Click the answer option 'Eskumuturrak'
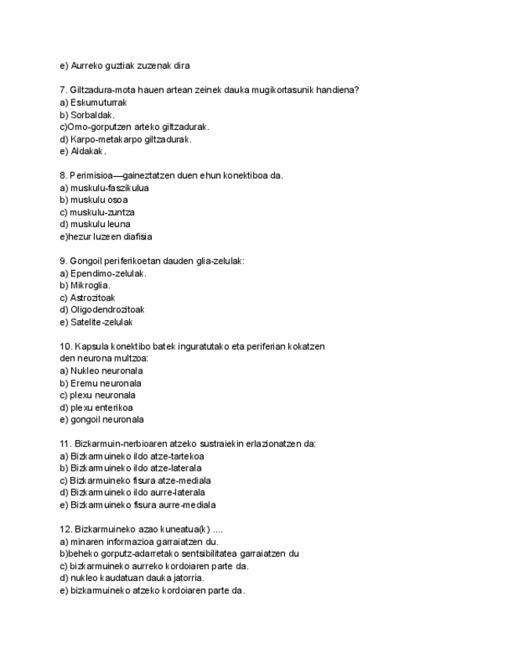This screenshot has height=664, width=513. tap(98, 103)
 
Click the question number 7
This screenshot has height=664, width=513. tap(63, 90)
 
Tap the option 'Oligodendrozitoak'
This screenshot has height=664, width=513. tap(107, 309)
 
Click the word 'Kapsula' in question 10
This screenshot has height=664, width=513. tap(94, 346)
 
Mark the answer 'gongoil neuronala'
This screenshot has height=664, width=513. tap(107, 419)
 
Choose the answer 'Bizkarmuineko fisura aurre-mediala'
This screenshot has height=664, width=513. tap(143, 504)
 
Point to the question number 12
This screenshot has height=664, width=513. tap(66, 529)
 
